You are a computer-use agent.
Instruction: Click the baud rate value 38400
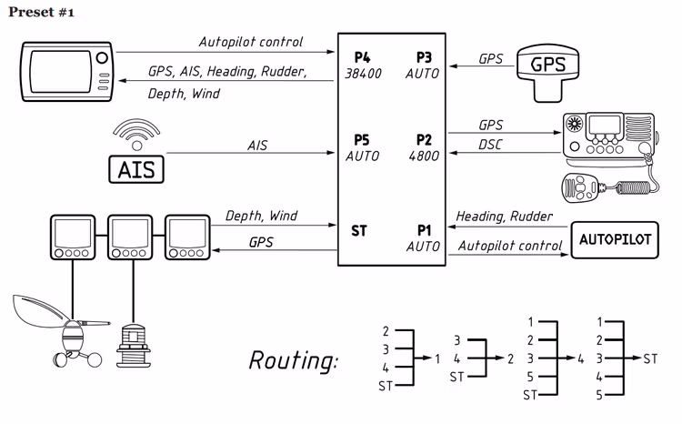pyautogui.click(x=365, y=72)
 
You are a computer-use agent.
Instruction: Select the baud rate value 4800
pyautogui.click(x=423, y=156)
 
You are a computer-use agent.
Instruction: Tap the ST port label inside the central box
pyautogui.click(x=359, y=231)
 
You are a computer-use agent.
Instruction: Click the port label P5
pyautogui.click(x=361, y=140)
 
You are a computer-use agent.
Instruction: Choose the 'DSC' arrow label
pyautogui.click(x=492, y=146)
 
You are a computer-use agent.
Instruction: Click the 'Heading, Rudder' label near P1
pyautogui.click(x=503, y=216)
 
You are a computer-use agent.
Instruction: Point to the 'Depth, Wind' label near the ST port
pyautogui.click(x=261, y=217)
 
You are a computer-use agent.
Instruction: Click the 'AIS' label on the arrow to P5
pyautogui.click(x=258, y=145)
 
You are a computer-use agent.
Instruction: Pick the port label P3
pyautogui.click(x=423, y=56)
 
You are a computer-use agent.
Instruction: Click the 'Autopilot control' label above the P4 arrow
pyautogui.click(x=251, y=42)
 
